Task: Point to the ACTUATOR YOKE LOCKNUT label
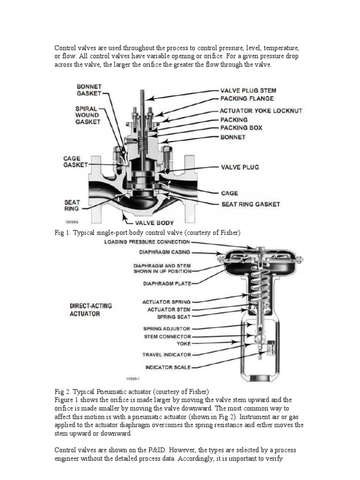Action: point(261,111)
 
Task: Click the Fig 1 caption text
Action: point(148,233)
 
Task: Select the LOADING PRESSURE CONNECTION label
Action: point(147,242)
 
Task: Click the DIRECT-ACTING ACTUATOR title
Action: point(85,309)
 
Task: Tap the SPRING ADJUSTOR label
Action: point(167,329)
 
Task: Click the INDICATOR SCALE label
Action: point(168,367)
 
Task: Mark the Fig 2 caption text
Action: point(132,391)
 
